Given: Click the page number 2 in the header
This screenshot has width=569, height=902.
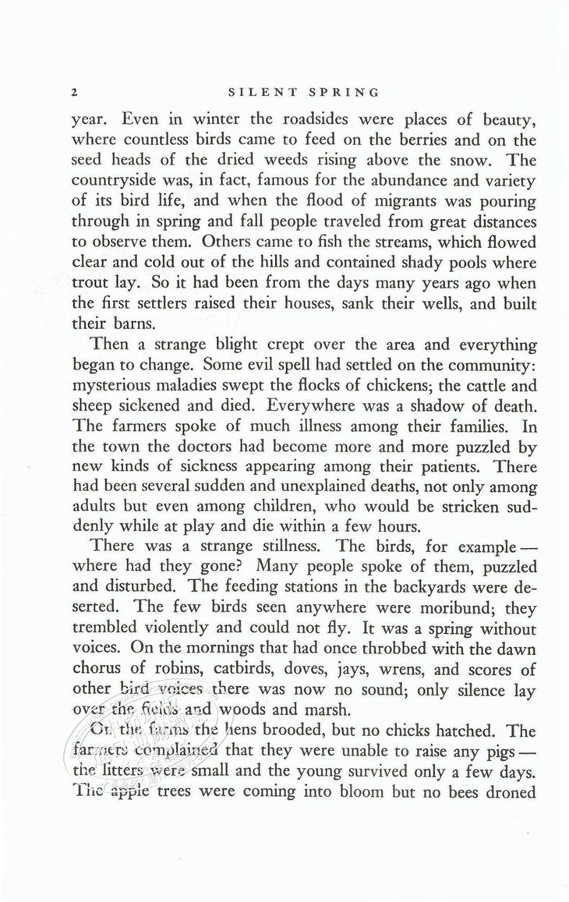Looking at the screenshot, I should pos(74,92).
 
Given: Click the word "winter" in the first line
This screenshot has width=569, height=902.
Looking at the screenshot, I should pos(198,121).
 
